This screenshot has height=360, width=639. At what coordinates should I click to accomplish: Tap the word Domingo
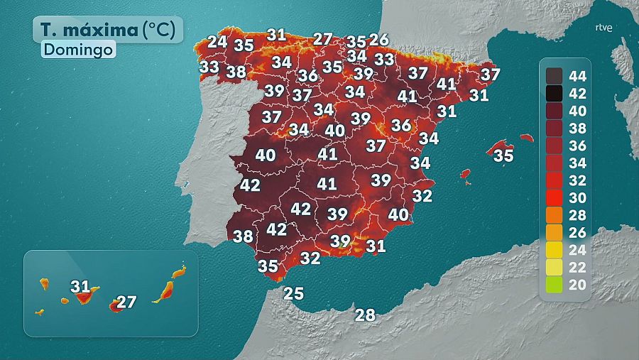(x=78, y=50)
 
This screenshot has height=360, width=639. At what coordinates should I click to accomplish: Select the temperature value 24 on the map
(x=217, y=42)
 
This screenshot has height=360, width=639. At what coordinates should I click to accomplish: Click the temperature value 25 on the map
(x=293, y=293)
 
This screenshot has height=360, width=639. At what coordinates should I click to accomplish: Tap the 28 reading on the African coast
(x=365, y=315)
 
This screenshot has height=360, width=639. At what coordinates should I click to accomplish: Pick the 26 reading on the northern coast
(x=379, y=40)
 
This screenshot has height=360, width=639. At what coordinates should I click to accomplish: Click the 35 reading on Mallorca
(x=503, y=156)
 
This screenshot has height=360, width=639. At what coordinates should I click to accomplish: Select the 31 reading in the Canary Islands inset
(x=81, y=287)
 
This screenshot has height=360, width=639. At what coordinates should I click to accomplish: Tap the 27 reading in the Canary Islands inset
(x=126, y=302)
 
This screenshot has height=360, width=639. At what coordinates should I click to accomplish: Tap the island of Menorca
(x=526, y=138)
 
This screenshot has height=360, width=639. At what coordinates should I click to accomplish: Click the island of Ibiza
(x=466, y=173)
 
